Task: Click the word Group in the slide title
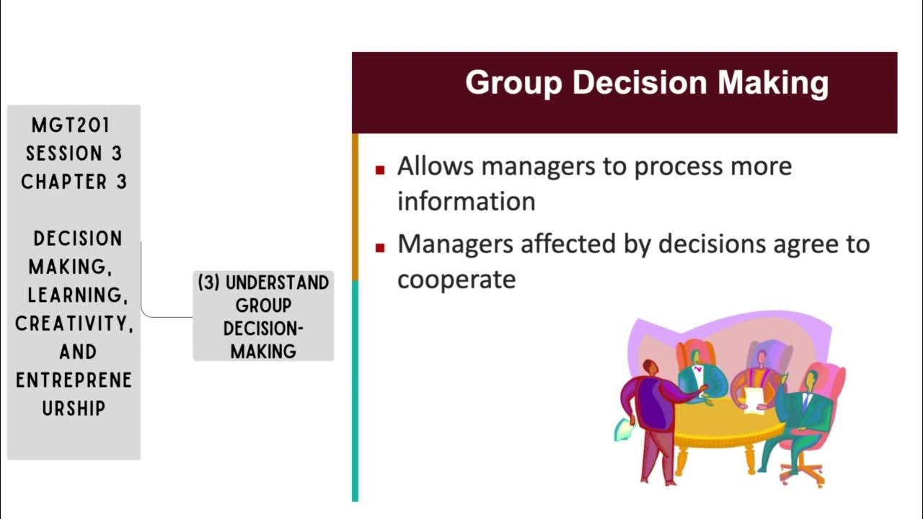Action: pos(513,83)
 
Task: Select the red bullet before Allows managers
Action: pos(380,170)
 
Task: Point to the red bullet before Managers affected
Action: pos(380,248)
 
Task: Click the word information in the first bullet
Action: pos(466,201)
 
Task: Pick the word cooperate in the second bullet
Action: pos(456,280)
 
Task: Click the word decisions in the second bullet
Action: pos(705,244)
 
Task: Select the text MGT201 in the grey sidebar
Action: pos(71,125)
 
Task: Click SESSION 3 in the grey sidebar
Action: pos(74,154)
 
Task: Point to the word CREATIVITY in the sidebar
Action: pos(74,324)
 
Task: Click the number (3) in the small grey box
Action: pos(209,283)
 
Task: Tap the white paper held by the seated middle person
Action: pos(754,399)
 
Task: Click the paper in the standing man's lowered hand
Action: pos(622,431)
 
